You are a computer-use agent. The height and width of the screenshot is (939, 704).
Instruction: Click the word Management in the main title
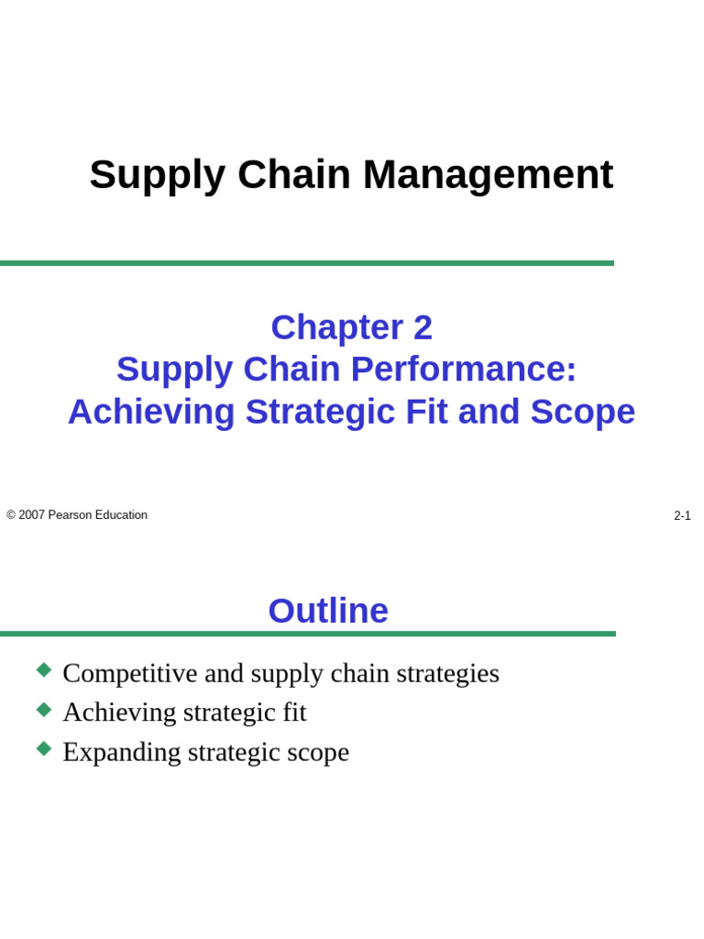[x=488, y=175]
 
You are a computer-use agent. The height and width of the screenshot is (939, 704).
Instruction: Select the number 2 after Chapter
[x=422, y=328]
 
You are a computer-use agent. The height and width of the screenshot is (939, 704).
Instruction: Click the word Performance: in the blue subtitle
[x=464, y=370]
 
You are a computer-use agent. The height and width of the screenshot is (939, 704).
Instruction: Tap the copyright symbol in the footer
[x=11, y=515]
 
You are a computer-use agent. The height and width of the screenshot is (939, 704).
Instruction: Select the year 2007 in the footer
[x=31, y=515]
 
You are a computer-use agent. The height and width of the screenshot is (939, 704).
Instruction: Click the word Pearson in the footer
[x=70, y=515]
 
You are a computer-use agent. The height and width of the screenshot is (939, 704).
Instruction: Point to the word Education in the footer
[x=121, y=515]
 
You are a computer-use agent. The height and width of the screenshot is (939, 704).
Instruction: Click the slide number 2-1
[x=682, y=516]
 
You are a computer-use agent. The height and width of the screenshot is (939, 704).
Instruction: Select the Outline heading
[x=328, y=612]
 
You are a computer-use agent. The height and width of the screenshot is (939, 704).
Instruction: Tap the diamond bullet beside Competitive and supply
[x=44, y=670]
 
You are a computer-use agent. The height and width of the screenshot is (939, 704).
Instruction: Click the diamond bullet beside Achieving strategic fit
[x=44, y=710]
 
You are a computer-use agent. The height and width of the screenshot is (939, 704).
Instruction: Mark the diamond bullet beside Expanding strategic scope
[x=44, y=749]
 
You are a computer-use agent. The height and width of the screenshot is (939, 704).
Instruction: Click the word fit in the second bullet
[x=293, y=713]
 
